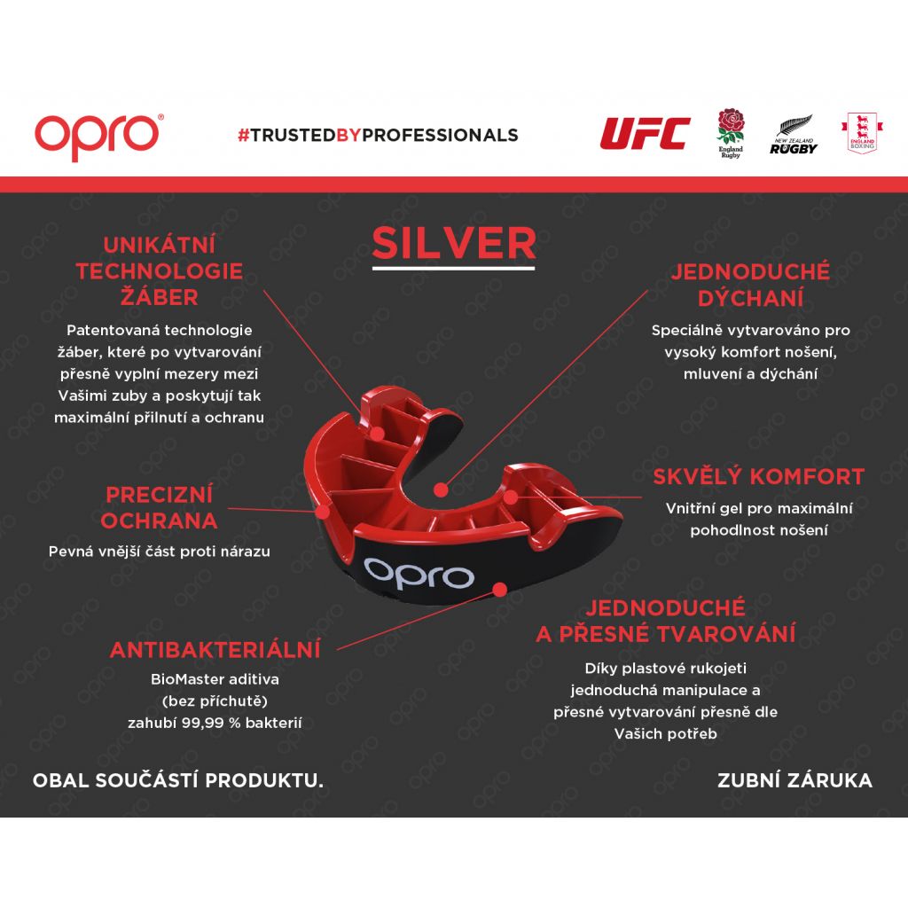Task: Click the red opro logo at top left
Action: [98, 136]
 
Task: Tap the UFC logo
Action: [645, 133]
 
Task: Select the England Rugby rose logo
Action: [731, 133]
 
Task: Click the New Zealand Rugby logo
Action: [794, 136]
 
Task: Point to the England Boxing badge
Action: [862, 133]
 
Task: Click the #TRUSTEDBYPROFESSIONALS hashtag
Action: [378, 135]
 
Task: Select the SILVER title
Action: [453, 243]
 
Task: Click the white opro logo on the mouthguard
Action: [419, 574]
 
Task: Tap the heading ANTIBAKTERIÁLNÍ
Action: [215, 650]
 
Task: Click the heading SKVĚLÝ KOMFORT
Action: [759, 476]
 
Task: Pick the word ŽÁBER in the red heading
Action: [160, 297]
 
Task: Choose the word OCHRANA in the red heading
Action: [160, 521]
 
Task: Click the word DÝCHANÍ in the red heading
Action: [750, 298]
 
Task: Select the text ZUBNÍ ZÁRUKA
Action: [794, 780]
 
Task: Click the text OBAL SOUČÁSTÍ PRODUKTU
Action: [177, 780]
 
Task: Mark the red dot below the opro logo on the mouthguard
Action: [500, 590]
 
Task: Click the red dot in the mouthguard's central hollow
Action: [441, 489]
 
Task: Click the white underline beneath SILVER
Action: [453, 268]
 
